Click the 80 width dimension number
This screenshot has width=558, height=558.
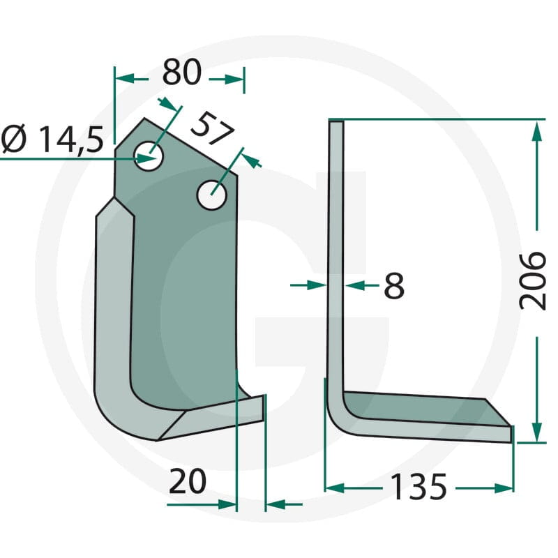182,73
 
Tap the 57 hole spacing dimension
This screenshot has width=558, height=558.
213,129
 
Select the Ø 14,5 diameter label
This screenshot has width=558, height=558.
53,139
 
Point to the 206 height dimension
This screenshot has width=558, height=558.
532,281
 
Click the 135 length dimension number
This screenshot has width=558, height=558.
418,487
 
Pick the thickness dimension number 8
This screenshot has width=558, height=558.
394,285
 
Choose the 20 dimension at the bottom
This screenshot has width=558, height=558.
187,481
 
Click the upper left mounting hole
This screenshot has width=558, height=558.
149,156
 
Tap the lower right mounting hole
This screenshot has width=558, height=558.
212,195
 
